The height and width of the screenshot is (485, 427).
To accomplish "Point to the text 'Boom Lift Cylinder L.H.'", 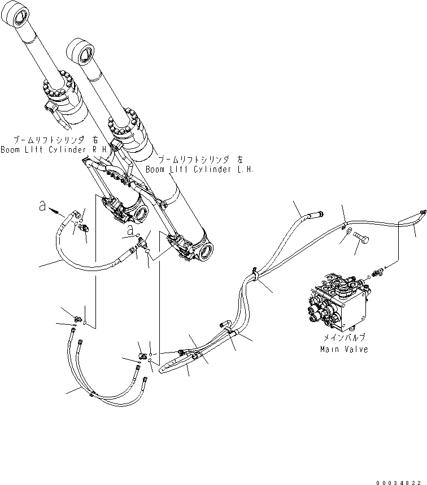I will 200,169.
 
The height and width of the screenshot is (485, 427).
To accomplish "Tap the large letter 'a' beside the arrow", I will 42,207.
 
